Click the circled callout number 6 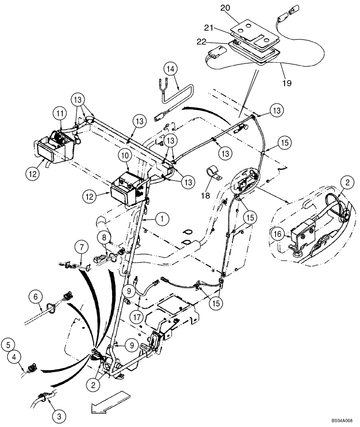[x=36, y=295]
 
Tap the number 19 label [x=287, y=82]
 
